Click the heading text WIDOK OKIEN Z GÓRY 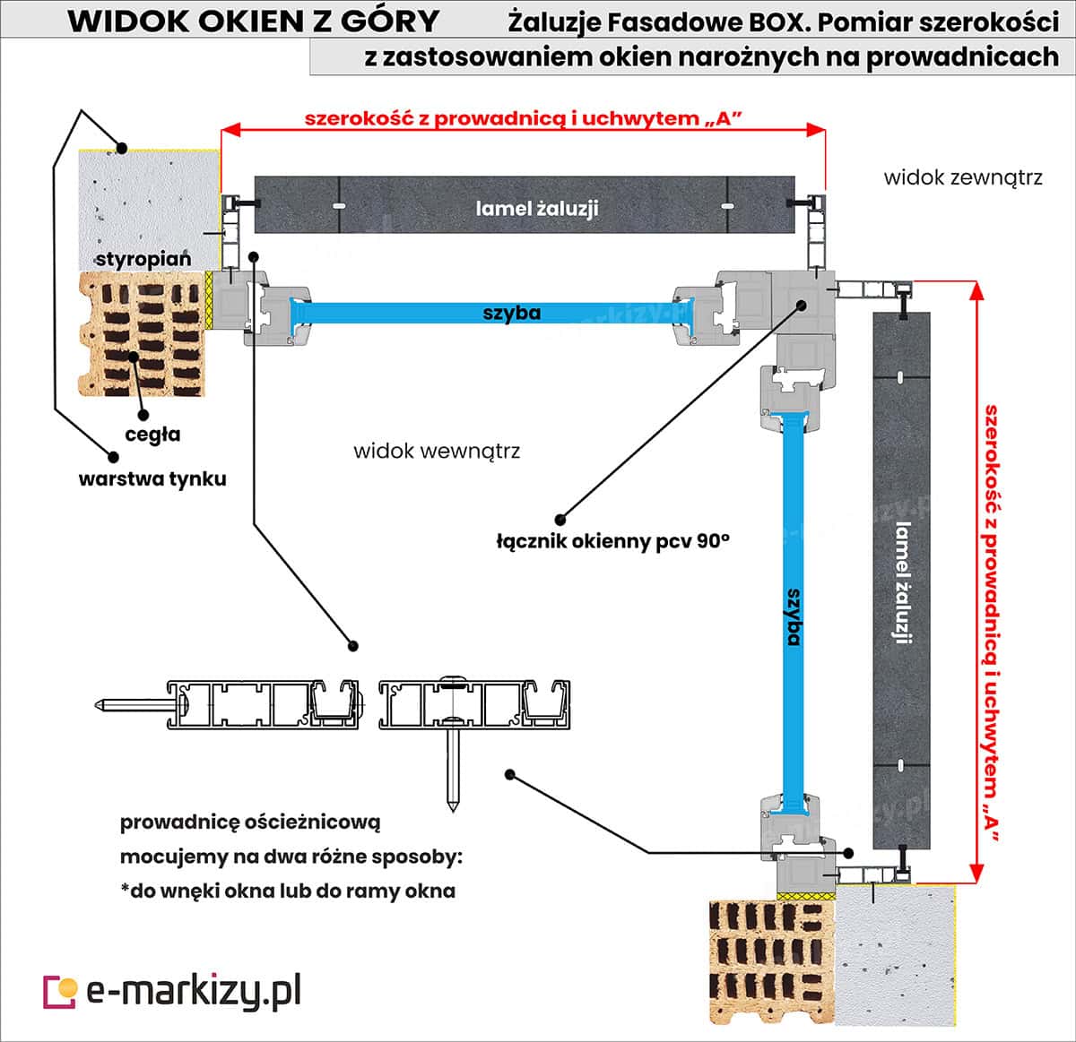tap(254, 21)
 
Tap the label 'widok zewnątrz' tap(962, 177)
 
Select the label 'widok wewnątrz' tap(437, 450)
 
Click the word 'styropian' tap(143, 259)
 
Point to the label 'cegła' tap(152, 435)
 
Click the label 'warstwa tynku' tap(152, 478)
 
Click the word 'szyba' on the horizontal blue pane tap(512, 313)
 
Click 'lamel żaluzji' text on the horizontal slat tap(536, 209)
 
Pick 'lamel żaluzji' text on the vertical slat tap(902, 582)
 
